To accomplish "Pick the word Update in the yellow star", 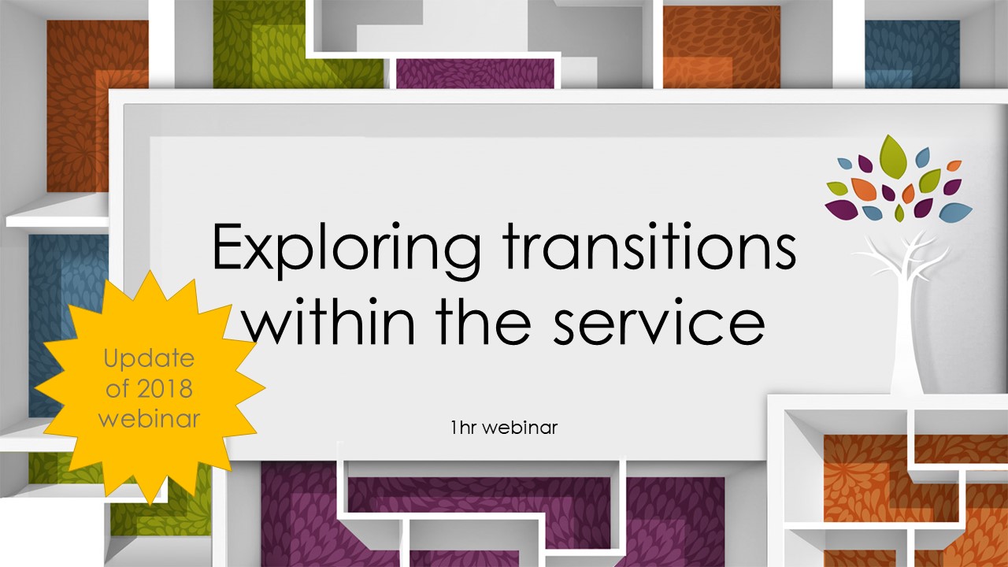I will click(149, 360).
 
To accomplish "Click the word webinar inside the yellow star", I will click(149, 418).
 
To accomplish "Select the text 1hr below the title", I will click(464, 428).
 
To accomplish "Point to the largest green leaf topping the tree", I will click(893, 155).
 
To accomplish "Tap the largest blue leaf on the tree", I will click(955, 211).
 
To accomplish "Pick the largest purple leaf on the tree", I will click(841, 209).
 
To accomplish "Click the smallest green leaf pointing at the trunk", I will click(899, 213).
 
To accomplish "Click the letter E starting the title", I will click(228, 246).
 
